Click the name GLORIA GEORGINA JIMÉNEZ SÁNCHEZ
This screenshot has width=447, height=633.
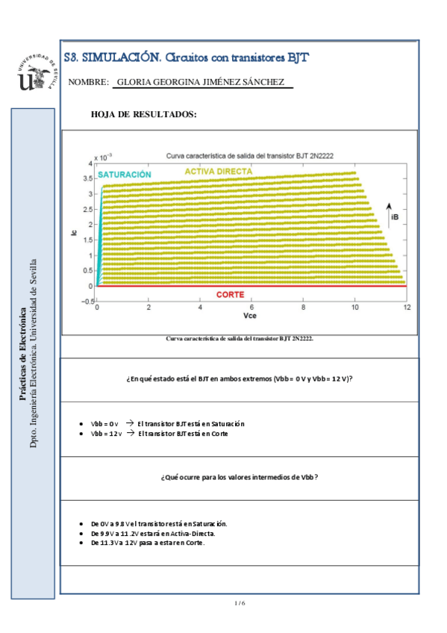[x=201, y=82]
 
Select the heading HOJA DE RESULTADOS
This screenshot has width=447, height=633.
[x=143, y=114]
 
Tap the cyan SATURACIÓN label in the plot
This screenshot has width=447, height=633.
[x=124, y=174]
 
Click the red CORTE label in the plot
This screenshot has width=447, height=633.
[x=230, y=295]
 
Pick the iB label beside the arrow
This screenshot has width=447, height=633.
[x=394, y=216]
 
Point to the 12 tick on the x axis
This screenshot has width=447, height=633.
[x=407, y=308]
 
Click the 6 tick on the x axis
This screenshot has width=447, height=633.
[x=251, y=308]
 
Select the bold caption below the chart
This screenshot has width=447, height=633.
[x=240, y=338]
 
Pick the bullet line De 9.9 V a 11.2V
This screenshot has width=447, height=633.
[x=152, y=534]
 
